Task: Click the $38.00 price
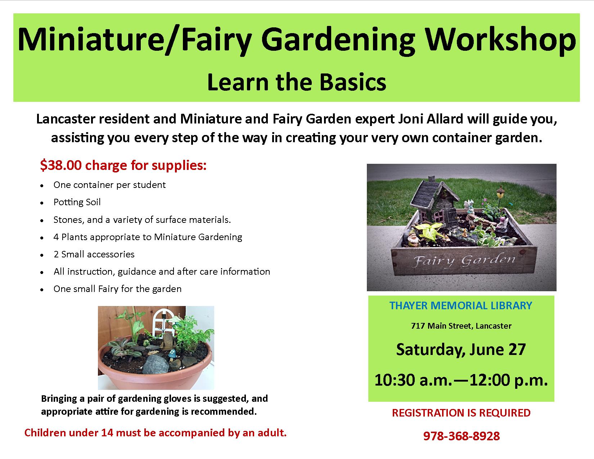pyautogui.click(x=61, y=165)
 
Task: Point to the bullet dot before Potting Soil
pyautogui.click(x=42, y=203)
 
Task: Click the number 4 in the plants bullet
pyautogui.click(x=56, y=237)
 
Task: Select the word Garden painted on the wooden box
pyautogui.click(x=488, y=260)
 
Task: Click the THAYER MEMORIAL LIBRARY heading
pyautogui.click(x=461, y=306)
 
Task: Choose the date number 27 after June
pyautogui.click(x=516, y=349)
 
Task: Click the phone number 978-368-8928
pyautogui.click(x=462, y=436)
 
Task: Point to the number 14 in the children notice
pyautogui.click(x=107, y=433)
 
